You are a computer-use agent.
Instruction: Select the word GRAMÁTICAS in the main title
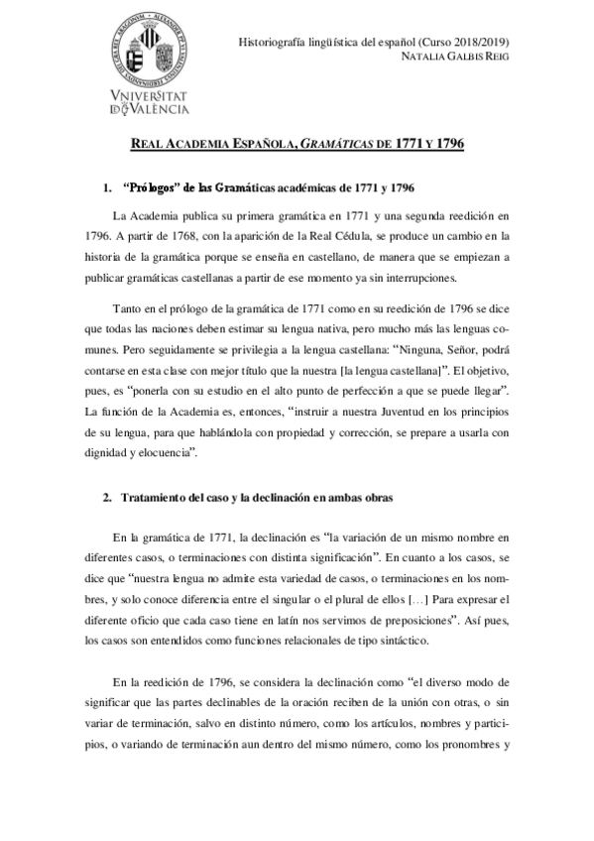[334, 145]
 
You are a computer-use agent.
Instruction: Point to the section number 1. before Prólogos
[109, 187]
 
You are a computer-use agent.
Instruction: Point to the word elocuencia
[164, 453]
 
